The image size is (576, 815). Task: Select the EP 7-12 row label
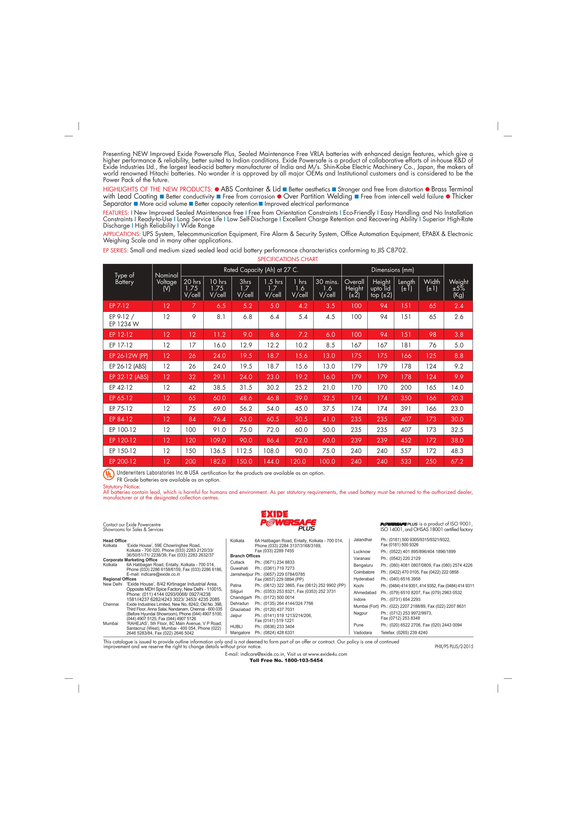[x=119, y=306]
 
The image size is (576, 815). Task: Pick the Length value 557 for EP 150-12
[x=406, y=451]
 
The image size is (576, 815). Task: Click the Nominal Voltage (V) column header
[x=166, y=282]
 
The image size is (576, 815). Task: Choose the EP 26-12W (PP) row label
[x=129, y=356]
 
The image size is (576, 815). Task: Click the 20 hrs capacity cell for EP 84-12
[x=192, y=419]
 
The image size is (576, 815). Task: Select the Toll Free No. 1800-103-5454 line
[x=286, y=660]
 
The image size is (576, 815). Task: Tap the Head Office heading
[x=115, y=541]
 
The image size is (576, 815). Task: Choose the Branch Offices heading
[x=245, y=556]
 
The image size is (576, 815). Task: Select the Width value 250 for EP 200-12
[x=431, y=461]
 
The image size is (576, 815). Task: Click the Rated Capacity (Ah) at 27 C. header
[x=261, y=270]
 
